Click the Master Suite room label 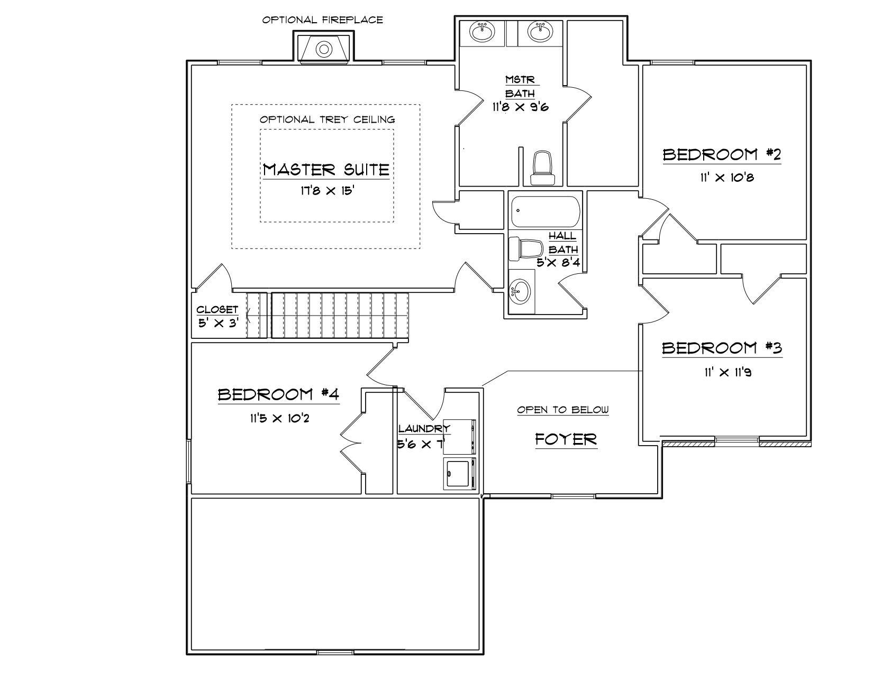point(326,170)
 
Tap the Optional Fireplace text point(323,20)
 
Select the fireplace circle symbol point(324,49)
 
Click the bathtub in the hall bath point(545,211)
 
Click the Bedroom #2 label point(722,154)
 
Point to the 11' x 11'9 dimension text point(727,372)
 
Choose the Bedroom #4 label point(278,394)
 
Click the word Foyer point(566,440)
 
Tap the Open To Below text point(562,410)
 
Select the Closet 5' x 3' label point(218,316)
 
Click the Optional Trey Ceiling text point(327,119)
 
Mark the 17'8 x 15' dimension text point(327,190)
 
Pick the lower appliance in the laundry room point(459,474)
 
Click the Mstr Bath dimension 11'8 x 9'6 point(520,107)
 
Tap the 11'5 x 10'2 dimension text point(279,418)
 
